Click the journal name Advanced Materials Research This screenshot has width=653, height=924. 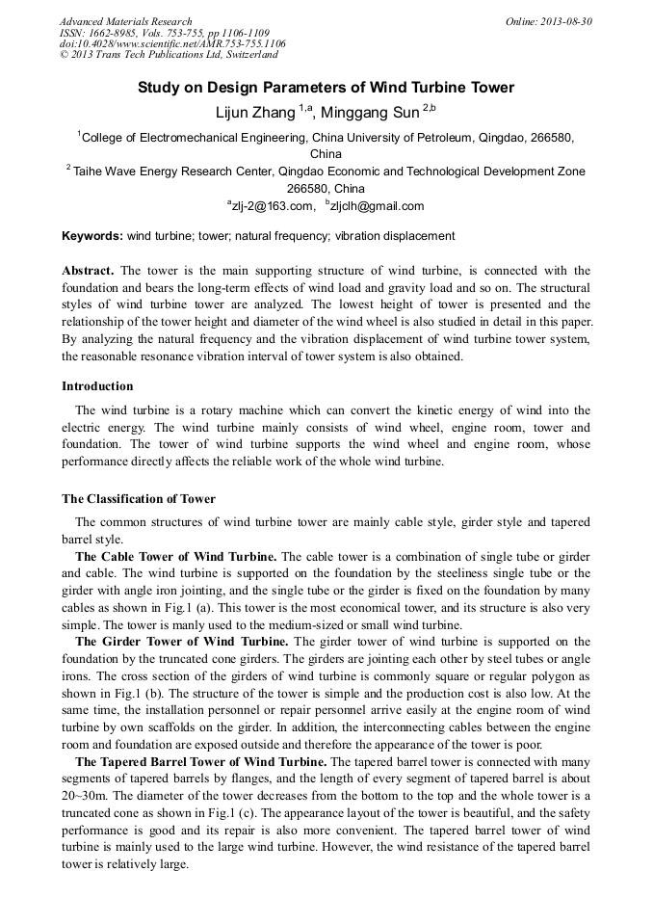(125, 21)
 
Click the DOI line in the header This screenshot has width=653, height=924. (172, 43)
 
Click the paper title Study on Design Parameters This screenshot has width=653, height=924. (326, 88)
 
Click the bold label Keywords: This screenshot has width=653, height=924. (92, 236)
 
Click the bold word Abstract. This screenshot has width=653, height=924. (90, 271)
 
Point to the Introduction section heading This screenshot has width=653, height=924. (97, 386)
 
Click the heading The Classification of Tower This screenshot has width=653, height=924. (139, 499)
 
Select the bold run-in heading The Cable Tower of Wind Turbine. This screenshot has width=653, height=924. (175, 557)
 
